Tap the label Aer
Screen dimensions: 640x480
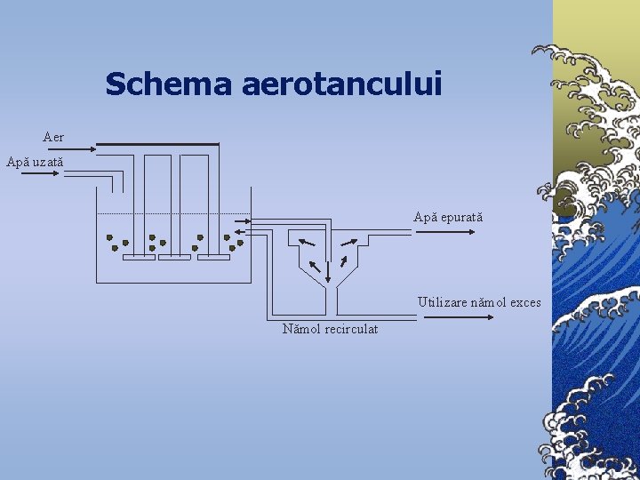53,137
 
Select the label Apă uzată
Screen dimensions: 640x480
35,162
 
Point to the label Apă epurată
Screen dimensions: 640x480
448,217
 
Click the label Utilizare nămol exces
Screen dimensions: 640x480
479,302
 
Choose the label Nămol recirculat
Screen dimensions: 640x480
330,329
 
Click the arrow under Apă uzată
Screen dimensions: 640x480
38,174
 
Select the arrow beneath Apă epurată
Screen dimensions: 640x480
444,233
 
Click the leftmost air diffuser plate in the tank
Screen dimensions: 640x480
139,258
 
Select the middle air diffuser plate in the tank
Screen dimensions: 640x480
174,258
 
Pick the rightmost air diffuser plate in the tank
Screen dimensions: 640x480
213,258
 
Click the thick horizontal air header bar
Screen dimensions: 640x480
156,144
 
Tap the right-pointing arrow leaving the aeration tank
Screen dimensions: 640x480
242,220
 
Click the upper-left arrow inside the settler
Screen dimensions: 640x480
306,241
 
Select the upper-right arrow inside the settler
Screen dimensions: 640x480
351,241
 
